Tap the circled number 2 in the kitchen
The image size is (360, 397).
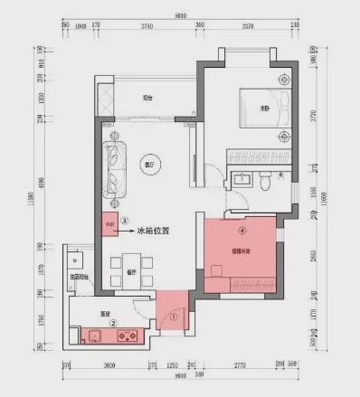click(112, 321)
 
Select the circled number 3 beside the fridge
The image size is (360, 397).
click(125, 219)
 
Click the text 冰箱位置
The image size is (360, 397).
click(156, 231)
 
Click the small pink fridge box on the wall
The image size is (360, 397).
click(109, 222)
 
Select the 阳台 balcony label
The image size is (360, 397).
click(147, 99)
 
